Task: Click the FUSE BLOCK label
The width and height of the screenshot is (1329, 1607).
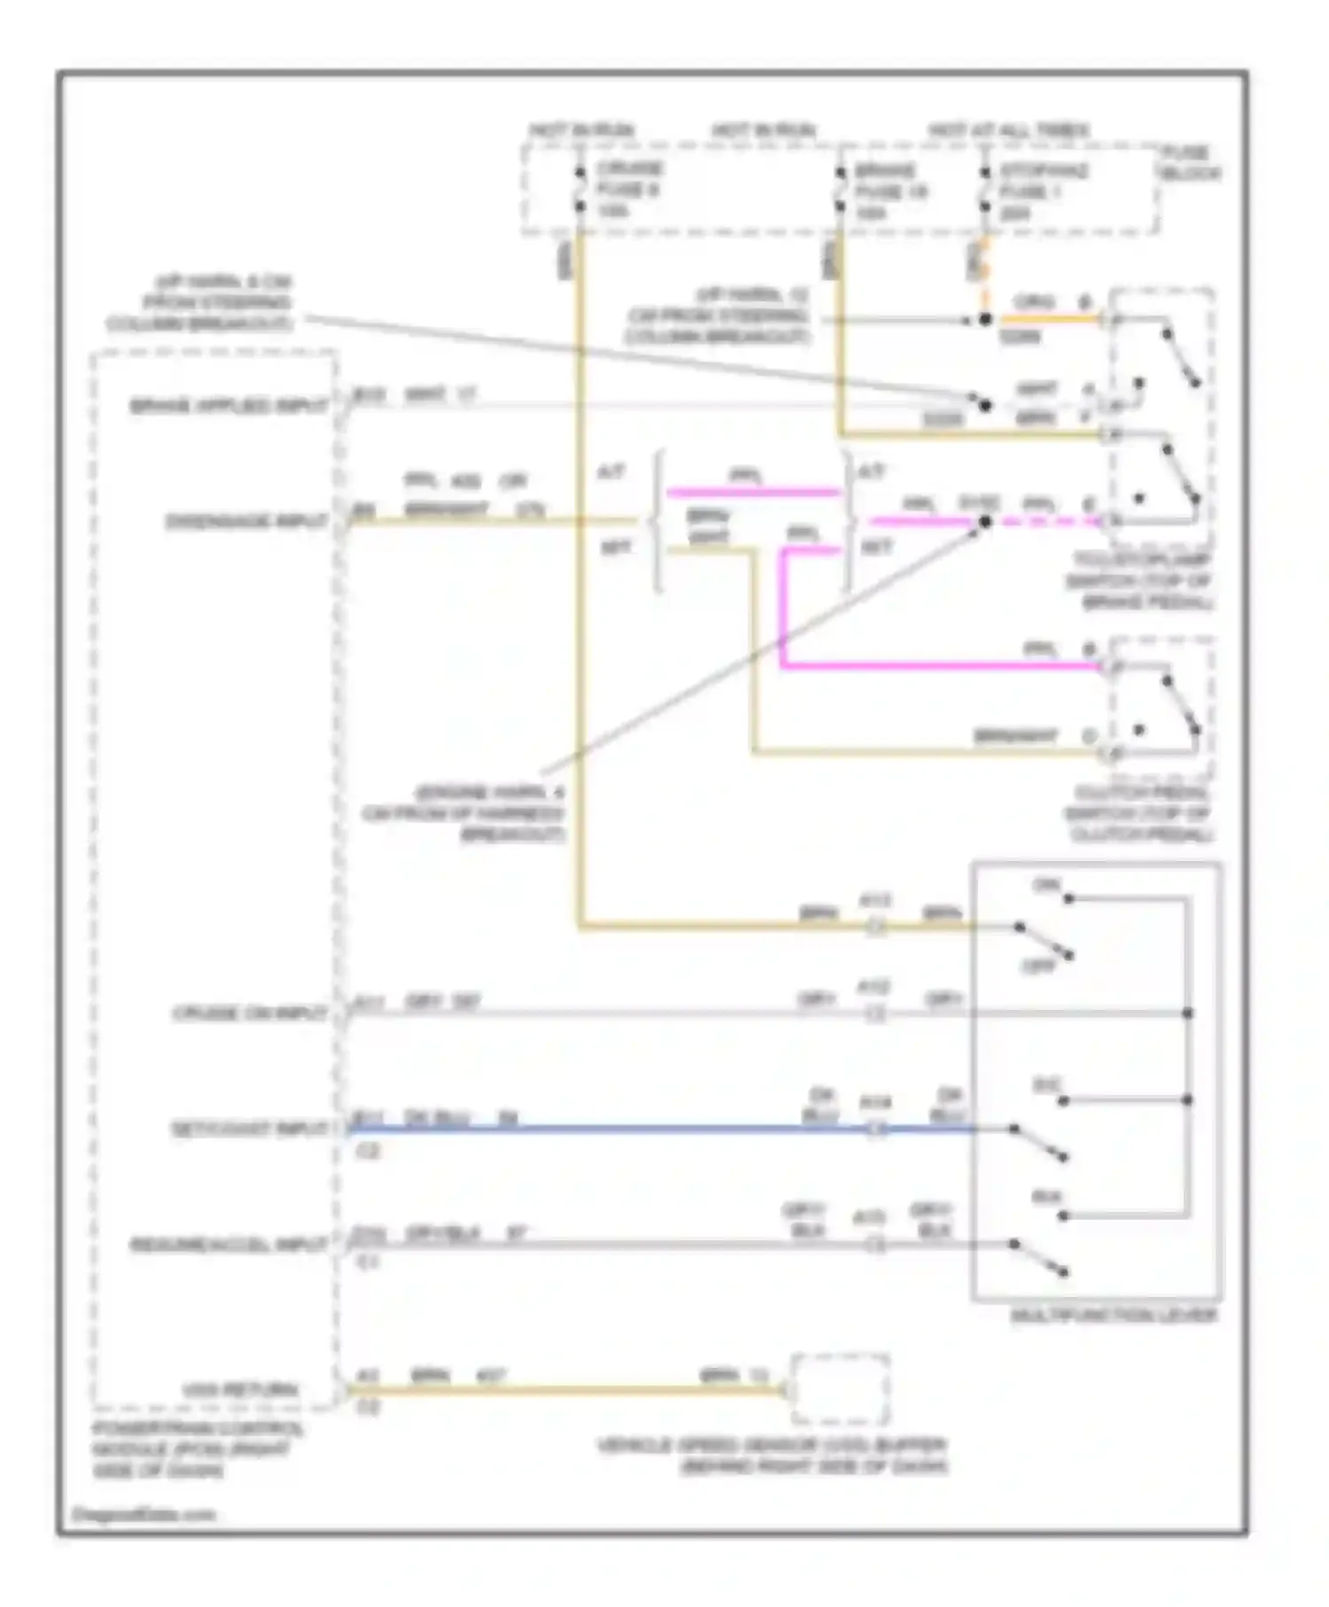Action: [x=1190, y=163]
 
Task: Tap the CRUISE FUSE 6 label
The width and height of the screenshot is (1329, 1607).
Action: [x=628, y=190]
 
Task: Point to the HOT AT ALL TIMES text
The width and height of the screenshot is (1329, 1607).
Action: [x=1009, y=131]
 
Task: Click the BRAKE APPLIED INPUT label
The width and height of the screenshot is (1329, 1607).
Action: [x=229, y=407]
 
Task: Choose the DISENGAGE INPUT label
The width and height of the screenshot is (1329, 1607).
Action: [x=246, y=522]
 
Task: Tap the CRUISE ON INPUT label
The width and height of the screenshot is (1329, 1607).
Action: [x=249, y=1013]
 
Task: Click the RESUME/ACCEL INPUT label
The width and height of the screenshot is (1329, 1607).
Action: [x=229, y=1245]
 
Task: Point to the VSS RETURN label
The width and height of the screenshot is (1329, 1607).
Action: [x=239, y=1390]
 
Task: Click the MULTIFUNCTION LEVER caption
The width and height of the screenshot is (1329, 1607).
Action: [x=1114, y=1316]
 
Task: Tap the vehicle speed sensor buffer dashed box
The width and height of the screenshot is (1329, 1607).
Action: [x=840, y=1388]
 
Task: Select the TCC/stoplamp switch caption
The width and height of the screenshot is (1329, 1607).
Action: [x=1140, y=581]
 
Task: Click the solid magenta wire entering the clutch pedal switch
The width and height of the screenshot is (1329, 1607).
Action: [x=939, y=665]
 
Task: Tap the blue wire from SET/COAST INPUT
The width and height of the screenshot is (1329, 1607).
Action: [x=620, y=1130]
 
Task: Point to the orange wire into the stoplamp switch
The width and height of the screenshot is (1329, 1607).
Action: [x=1045, y=318]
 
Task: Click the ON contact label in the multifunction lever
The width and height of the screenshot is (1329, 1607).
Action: [x=1046, y=885]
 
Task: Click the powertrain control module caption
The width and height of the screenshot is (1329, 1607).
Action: [x=197, y=1449]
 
